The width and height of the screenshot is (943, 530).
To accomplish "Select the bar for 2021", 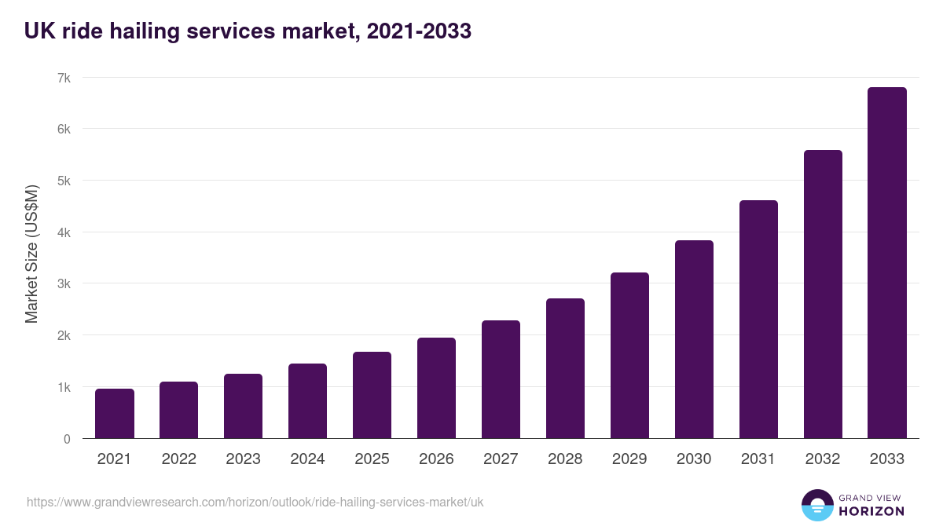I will point(115,414).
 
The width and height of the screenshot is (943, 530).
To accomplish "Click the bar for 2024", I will point(308,401).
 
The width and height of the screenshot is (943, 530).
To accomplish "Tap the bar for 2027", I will point(501,379).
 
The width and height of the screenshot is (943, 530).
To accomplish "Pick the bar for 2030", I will point(694,339).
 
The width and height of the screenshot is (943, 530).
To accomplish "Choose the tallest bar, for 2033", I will point(887,263).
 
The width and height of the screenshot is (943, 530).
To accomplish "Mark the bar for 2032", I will point(823,294).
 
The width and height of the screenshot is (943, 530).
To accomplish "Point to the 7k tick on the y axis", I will point(64,78).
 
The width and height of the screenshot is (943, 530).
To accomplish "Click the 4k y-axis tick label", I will point(64,232).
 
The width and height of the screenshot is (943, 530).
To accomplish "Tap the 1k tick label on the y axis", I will point(64,387).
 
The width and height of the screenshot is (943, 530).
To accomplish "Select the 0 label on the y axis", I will point(67,439).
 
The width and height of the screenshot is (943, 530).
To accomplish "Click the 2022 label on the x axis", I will point(179,459).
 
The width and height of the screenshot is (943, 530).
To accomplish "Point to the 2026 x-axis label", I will point(436,459).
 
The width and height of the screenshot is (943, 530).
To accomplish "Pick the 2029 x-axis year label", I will point(629,459).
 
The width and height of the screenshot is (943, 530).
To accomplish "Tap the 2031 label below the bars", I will point(758,459).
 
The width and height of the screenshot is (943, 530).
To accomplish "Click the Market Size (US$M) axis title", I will point(31,254).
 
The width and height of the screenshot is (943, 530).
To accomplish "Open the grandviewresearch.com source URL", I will point(255,502).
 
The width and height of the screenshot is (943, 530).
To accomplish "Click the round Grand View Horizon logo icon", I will point(816,505).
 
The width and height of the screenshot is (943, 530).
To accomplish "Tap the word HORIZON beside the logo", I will point(871,511).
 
